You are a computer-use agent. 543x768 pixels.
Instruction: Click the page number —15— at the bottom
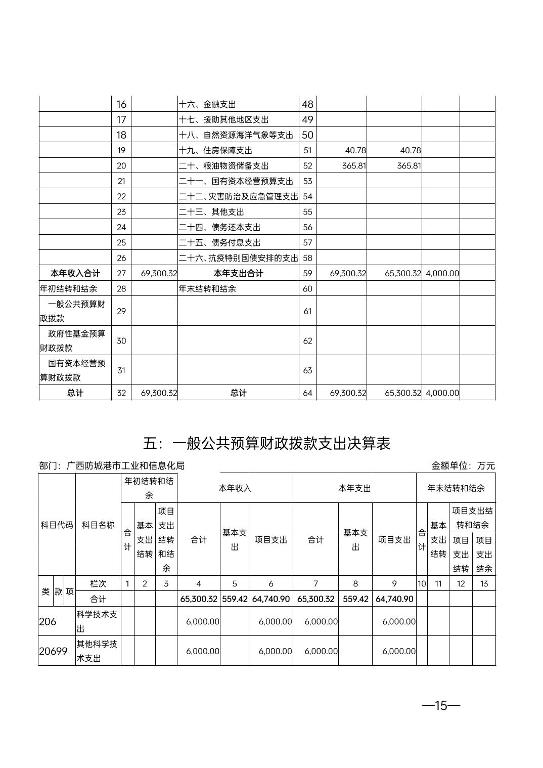coord(441,705)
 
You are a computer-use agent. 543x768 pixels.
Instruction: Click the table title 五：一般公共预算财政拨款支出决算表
coord(266,444)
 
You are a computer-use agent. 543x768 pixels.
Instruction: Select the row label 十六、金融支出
coord(207,105)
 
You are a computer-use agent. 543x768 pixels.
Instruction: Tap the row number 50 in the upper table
coord(307,135)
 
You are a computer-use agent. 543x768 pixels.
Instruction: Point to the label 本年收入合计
coord(75,273)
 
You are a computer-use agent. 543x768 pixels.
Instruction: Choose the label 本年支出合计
coord(238,273)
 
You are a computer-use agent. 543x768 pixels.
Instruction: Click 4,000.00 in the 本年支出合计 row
coord(442,273)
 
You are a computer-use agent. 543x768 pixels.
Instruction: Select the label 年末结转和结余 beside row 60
coord(207,289)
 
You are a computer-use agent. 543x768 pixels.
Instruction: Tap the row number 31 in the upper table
coord(121,370)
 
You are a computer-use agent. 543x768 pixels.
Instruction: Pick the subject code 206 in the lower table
coord(48,621)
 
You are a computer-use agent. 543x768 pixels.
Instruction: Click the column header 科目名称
coord(98,525)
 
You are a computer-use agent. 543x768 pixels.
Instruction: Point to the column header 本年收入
coord(235,488)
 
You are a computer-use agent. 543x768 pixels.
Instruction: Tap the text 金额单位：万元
coord(463,465)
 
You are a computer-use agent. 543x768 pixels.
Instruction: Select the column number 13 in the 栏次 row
coord(484,583)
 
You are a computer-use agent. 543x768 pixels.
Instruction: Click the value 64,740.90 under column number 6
coord(271,599)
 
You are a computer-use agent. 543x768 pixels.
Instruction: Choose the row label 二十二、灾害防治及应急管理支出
coord(238,196)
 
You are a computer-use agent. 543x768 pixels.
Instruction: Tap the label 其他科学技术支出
coord(97,651)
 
